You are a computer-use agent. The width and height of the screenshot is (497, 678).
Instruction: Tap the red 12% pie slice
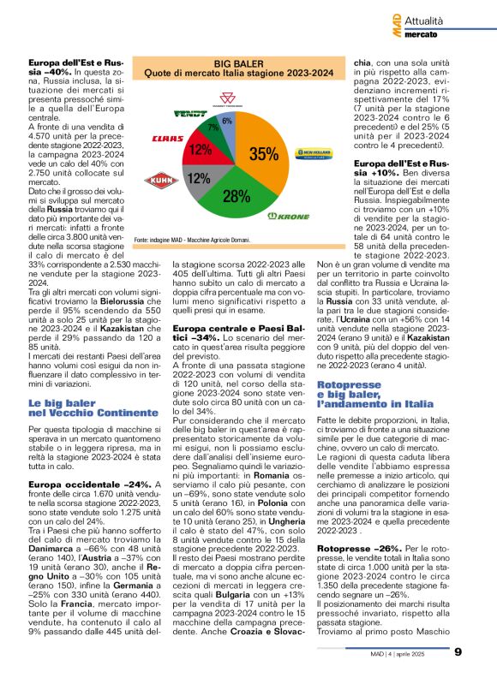click(201, 151)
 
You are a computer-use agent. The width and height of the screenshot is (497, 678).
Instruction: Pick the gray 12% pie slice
click(200, 179)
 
